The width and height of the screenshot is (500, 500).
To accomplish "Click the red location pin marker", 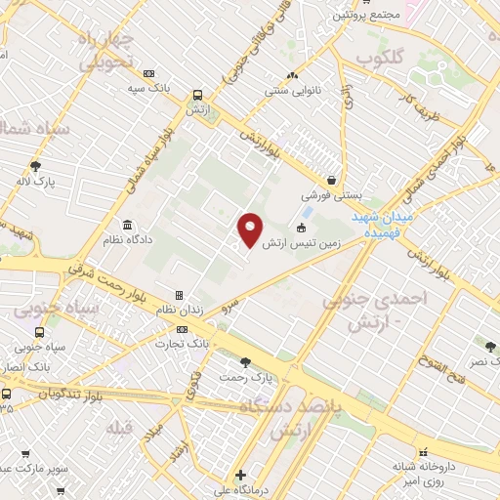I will pos(251,229).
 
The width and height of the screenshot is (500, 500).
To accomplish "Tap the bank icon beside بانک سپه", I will pos(148,73).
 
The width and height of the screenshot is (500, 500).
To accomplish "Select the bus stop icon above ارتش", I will pos(198,96).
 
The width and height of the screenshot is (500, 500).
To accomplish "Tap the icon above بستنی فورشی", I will pos(333,180).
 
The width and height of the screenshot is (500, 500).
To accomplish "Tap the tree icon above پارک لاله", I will pos(36,166).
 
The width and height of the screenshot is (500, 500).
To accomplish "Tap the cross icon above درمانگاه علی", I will pos(241,476).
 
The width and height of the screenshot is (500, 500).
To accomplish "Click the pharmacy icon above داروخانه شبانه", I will pos(423,452).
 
